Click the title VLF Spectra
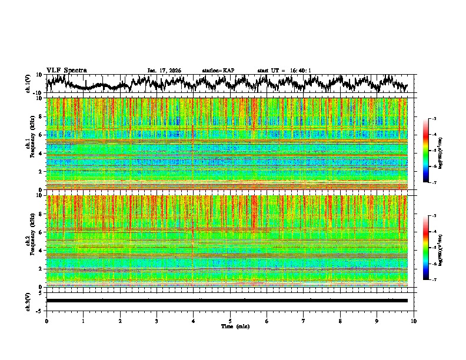[66, 70]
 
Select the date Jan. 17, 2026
[164, 71]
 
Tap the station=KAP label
[218, 71]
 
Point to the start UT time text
[284, 71]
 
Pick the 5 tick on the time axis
[230, 321]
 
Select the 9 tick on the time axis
[377, 321]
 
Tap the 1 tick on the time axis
[83, 321]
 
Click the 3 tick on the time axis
[157, 321]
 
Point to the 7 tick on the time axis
[304, 321]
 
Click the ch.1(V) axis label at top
[29, 84]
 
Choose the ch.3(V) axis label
[29, 301]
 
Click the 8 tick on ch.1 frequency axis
[40, 116]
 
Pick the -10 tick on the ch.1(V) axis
[38, 93]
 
